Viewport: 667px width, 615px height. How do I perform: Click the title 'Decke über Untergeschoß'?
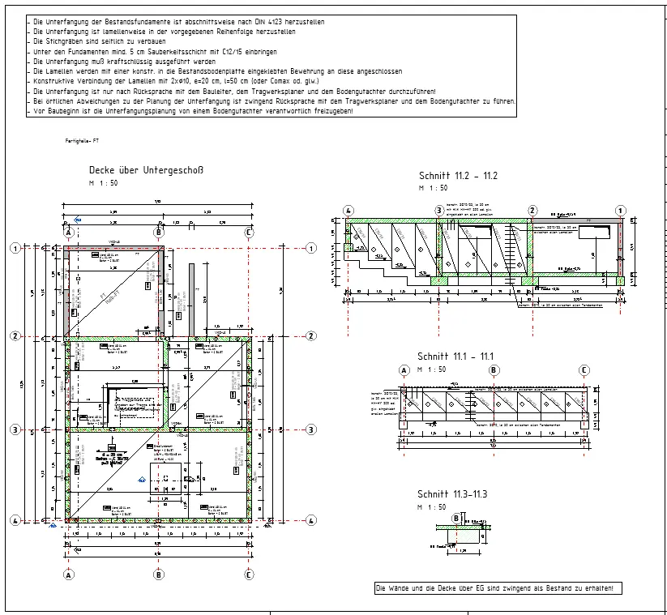click(145, 170)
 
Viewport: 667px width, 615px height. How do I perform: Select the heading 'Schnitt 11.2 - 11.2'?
click(458, 176)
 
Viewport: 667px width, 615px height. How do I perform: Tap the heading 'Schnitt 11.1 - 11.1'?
click(455, 357)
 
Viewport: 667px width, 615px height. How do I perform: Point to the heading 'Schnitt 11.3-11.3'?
click(452, 494)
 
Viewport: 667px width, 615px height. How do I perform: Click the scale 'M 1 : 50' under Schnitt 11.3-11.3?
click(432, 506)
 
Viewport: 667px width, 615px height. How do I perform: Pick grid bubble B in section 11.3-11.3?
click(456, 519)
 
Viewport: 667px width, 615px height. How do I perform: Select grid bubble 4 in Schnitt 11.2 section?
click(348, 211)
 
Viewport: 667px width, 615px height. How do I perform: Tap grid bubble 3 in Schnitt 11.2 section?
click(439, 211)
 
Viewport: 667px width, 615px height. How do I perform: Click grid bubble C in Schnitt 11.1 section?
click(584, 370)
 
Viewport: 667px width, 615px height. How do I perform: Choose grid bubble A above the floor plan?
click(69, 233)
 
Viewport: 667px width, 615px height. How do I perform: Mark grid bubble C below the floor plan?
click(249, 574)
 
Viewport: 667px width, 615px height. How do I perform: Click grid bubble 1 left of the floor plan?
click(15, 249)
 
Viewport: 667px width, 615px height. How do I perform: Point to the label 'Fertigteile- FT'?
click(82, 141)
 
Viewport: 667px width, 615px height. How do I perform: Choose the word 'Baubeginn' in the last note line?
click(59, 110)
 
